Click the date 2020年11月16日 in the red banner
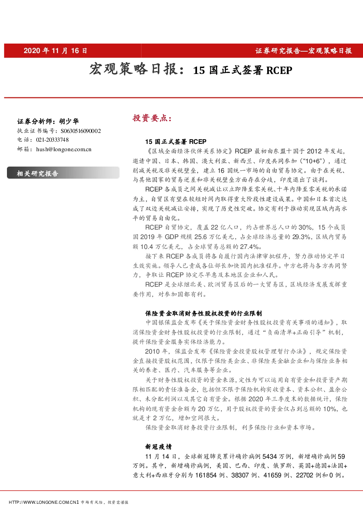[x=55, y=51]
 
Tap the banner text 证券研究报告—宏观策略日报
[x=303, y=51]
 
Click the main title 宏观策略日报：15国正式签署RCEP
[x=191, y=69]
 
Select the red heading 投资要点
[x=152, y=118]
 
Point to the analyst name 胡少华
[x=69, y=121]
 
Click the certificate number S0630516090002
[x=81, y=131]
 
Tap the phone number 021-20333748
[x=52, y=140]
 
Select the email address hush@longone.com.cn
[x=64, y=149]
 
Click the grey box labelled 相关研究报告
[x=63, y=173]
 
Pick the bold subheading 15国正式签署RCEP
[x=176, y=142]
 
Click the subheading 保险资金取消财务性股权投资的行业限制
[x=204, y=313]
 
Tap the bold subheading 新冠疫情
[x=158, y=447]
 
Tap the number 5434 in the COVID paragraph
[x=270, y=457]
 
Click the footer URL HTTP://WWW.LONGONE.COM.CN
[x=44, y=503]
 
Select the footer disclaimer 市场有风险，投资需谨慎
[x=104, y=503]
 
